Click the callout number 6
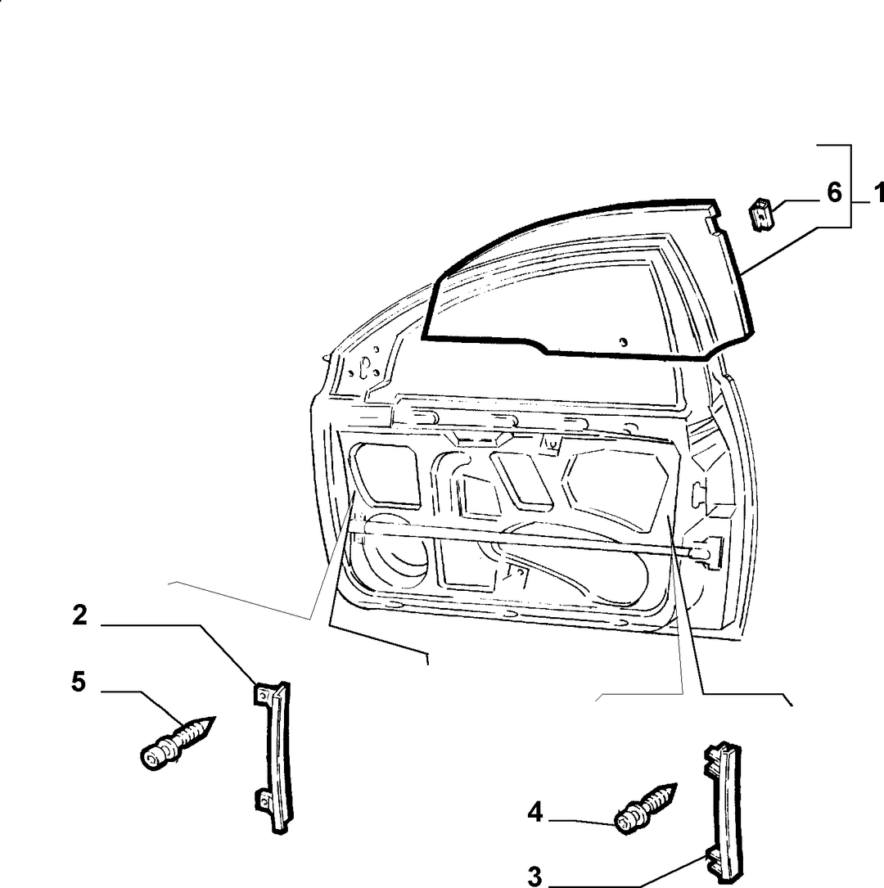tap(834, 192)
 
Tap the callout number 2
tap(80, 615)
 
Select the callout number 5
tap(79, 681)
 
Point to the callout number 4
tap(535, 814)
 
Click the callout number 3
tap(535, 877)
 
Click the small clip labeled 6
tap(762, 214)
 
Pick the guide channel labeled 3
tap(724, 813)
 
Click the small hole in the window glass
tap(623, 341)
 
